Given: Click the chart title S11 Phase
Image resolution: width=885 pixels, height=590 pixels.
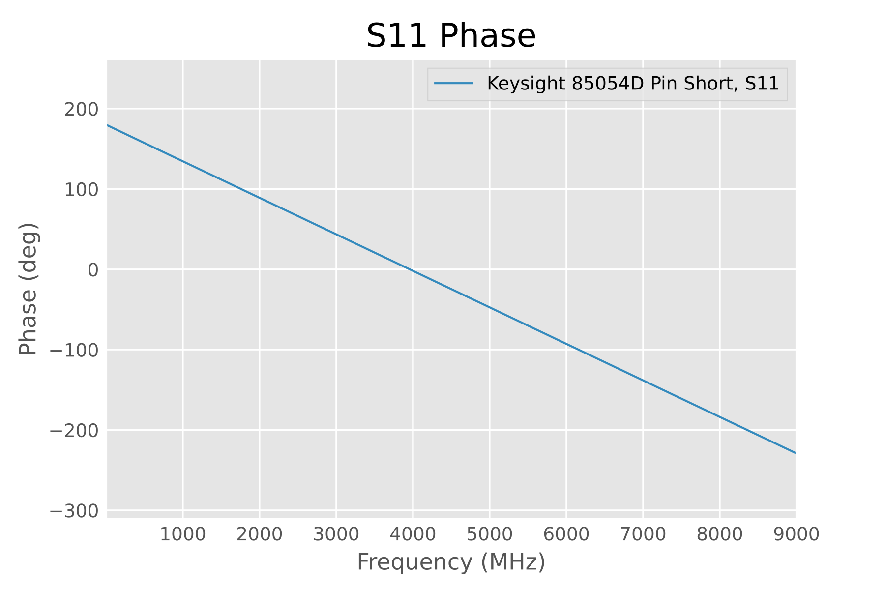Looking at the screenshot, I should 451,36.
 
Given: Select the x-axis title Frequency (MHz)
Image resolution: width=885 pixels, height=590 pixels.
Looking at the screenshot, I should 451,562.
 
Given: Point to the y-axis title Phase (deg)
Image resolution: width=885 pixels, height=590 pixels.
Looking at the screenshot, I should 29,289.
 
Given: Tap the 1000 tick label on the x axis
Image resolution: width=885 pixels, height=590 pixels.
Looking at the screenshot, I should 182,534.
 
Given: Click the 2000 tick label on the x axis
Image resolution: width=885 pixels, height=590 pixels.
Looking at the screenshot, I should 259,534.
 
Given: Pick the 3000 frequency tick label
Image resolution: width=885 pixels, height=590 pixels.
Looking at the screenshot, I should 336,534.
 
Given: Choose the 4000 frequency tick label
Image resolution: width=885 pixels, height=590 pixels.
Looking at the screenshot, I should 413,534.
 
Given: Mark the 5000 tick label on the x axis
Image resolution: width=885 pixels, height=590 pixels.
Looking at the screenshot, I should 489,534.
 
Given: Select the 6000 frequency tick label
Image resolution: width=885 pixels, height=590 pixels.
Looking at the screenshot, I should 566,534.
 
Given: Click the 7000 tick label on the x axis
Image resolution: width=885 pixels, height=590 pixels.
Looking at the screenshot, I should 643,534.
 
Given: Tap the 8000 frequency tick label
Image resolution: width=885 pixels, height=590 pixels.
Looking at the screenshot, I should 719,534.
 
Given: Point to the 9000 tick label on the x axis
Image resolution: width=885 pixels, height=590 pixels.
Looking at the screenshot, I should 796,534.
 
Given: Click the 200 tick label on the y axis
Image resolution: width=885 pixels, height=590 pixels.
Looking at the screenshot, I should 81,109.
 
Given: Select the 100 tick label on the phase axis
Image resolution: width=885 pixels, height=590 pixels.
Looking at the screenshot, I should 81,189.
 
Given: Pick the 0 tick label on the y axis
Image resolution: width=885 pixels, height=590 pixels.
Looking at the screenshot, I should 93,270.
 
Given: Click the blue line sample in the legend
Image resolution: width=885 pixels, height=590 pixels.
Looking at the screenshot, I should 453,84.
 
